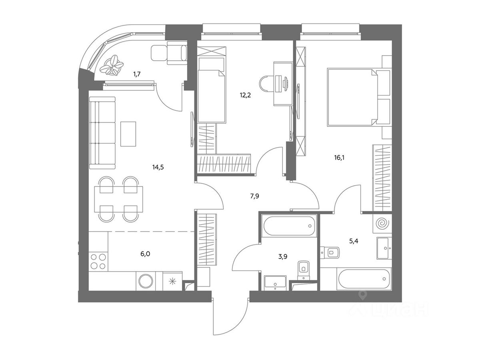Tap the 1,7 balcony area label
137,74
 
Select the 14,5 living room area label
158,168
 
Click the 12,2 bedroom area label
245,95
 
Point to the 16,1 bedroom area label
339,158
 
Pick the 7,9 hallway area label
254,196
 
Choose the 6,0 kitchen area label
145,254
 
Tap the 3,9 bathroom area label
282,257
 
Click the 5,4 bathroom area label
353,241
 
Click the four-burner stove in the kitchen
98,262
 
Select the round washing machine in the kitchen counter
146,281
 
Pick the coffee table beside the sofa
128,134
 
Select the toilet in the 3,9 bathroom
304,269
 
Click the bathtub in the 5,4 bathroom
364,279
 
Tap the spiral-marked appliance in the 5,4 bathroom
382,223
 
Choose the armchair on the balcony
169,53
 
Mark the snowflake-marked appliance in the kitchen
172,281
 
